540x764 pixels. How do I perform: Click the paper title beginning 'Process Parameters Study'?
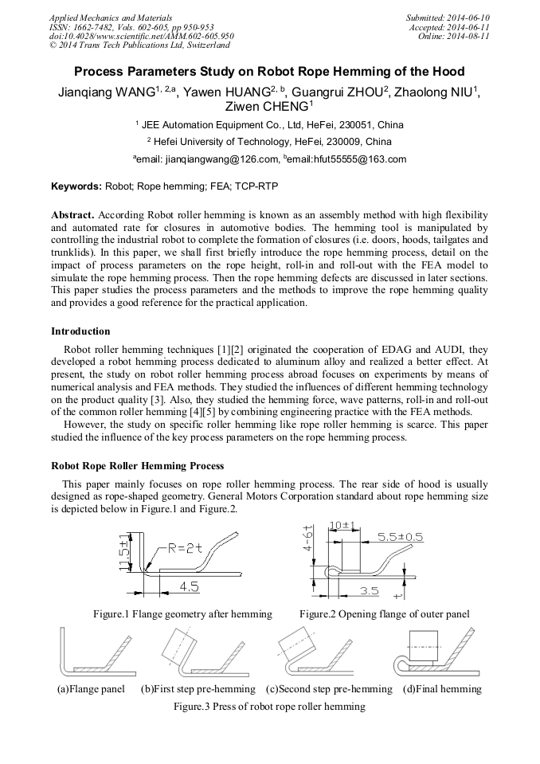click(269, 71)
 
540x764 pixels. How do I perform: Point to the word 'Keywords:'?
click(76, 186)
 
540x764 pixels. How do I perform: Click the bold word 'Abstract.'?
click(73, 216)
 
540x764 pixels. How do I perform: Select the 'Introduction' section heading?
click(80, 331)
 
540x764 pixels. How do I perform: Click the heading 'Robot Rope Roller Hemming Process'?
click(137, 465)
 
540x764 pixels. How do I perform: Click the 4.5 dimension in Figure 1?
click(189, 586)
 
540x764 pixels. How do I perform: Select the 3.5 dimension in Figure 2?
click(368, 590)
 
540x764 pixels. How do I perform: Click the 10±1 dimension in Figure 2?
click(342, 526)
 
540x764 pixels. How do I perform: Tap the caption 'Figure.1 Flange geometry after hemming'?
click(182, 614)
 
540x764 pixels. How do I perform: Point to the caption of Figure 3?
click(270, 707)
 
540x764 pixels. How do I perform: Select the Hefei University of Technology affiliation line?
click(269, 142)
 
